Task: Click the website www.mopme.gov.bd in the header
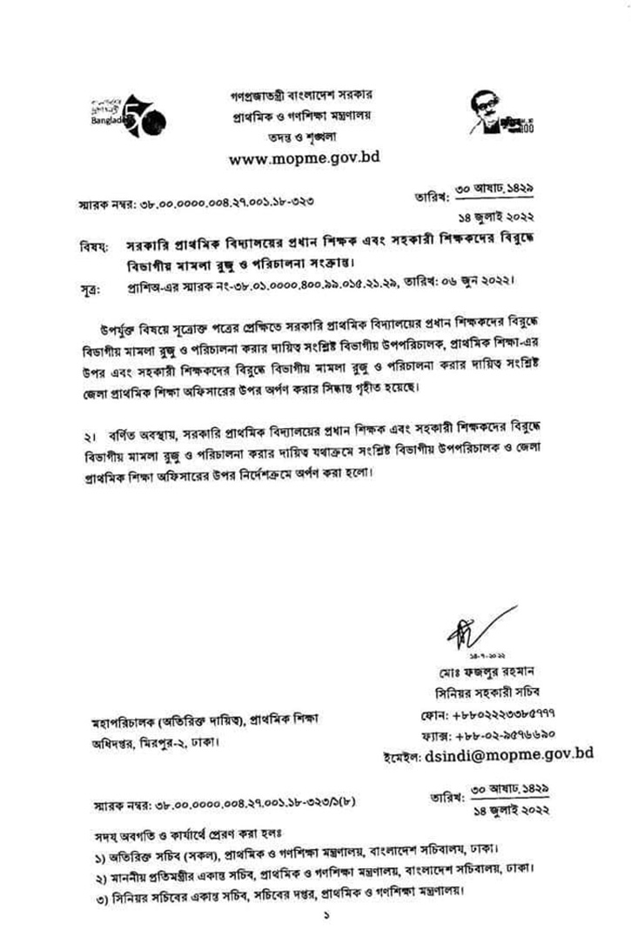click(304, 158)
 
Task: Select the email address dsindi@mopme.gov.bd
click(509, 754)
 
